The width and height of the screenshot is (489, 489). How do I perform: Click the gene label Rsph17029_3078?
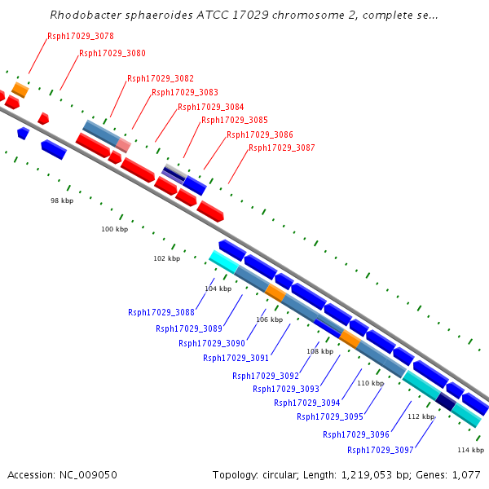tap(80, 36)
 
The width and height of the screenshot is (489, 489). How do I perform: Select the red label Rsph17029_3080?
tap(112, 53)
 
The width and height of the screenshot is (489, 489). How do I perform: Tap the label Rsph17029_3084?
tap(210, 107)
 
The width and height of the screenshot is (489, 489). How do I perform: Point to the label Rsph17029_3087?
tap(281, 148)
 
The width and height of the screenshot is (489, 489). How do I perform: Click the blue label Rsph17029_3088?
tap(161, 312)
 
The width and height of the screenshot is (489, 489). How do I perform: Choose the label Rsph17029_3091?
tap(236, 358)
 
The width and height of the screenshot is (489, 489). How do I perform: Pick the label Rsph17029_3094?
tap(307, 403)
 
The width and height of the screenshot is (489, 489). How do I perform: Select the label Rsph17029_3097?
tap(381, 450)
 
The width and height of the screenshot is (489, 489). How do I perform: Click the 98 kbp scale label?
tap(62, 200)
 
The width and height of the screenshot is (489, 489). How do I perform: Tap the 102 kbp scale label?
tap(167, 258)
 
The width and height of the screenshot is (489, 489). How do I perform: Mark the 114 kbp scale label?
tap(470, 450)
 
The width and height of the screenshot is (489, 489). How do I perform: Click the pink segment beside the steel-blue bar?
tap(123, 144)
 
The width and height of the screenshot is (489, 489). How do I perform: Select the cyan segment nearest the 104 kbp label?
tap(222, 261)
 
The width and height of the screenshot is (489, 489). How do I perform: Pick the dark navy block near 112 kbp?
tap(446, 401)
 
